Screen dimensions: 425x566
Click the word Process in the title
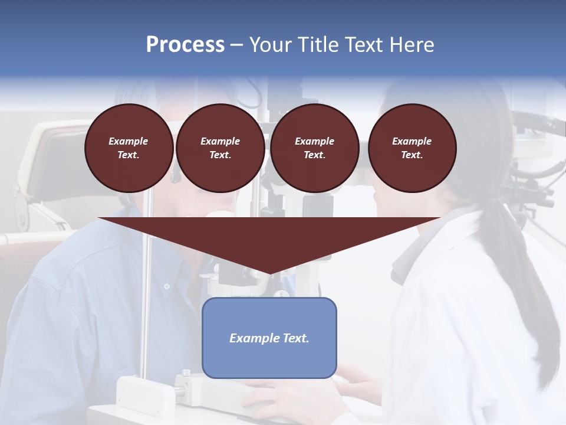click(185, 45)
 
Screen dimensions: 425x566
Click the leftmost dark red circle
click(129, 148)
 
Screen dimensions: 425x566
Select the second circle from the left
click(220, 148)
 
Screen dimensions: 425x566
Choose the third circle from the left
click(314, 148)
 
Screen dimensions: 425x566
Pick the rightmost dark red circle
click(412, 148)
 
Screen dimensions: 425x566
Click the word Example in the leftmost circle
click(129, 141)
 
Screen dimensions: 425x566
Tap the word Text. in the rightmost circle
click(412, 155)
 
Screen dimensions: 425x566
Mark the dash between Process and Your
click(237, 45)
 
